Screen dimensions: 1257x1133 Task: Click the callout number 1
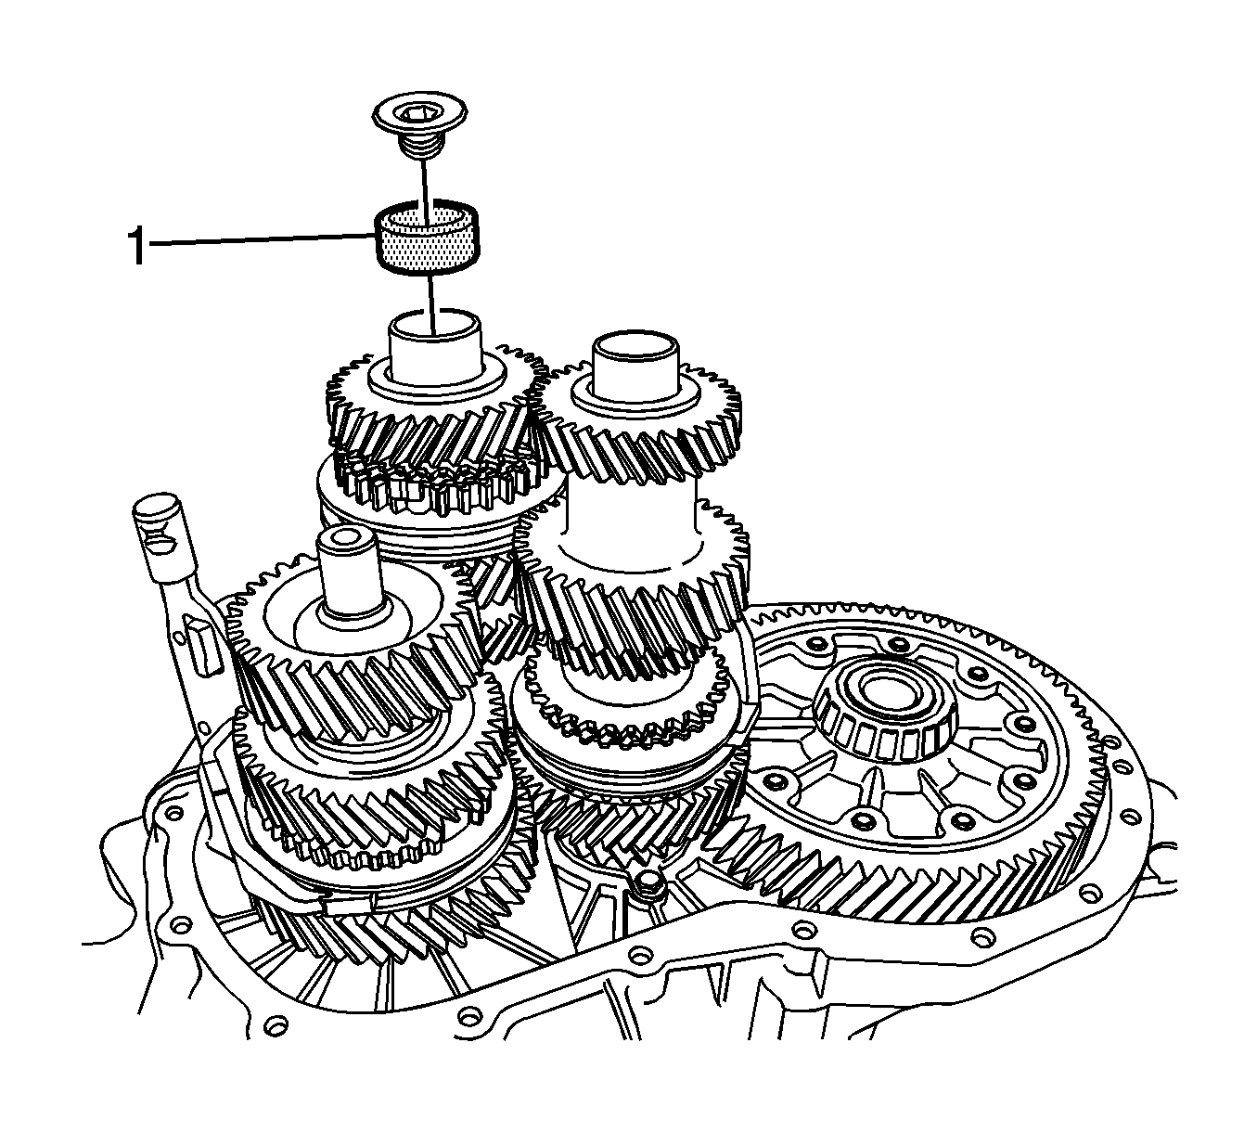(x=137, y=247)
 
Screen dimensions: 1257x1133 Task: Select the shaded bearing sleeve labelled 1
(x=427, y=238)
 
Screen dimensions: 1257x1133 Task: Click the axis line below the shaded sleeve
(x=431, y=304)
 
